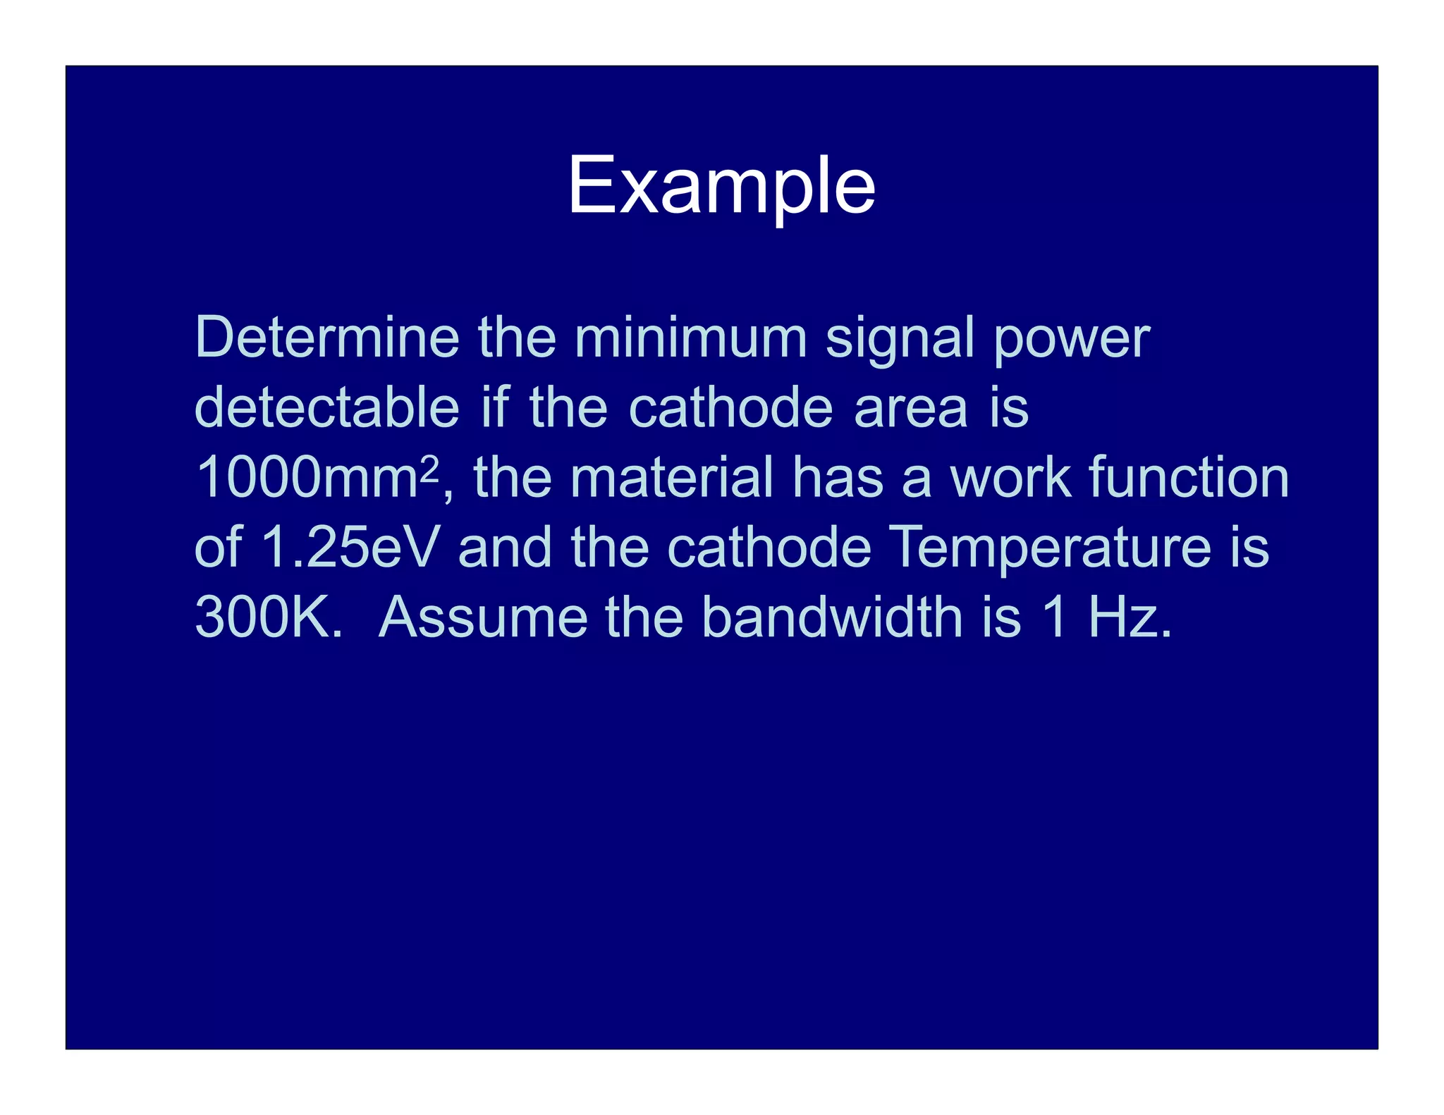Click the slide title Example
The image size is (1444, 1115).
point(721,186)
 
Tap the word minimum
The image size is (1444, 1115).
point(691,338)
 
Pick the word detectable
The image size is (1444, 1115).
point(326,407)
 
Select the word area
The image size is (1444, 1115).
point(911,409)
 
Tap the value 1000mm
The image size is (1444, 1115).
point(307,478)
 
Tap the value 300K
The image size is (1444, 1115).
point(268,617)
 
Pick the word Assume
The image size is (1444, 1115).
point(483,617)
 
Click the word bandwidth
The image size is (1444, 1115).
point(832,617)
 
